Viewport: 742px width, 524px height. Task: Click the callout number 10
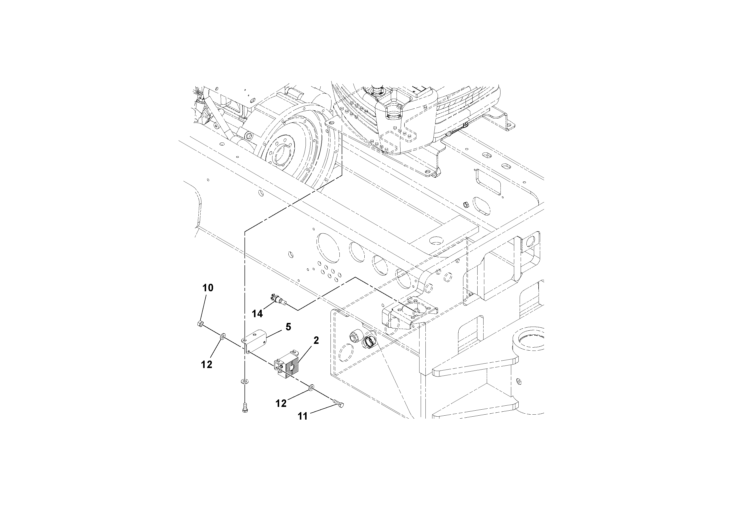208,288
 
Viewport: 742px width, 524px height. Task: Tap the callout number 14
257,314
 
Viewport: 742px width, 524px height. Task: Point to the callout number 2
316,340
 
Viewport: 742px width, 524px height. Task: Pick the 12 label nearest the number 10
207,365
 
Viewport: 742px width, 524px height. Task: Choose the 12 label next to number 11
281,403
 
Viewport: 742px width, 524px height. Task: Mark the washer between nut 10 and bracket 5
222,337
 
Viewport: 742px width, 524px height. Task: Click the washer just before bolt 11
312,387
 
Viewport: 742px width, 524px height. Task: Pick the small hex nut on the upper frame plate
466,204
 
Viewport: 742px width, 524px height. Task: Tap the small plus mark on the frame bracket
415,281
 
